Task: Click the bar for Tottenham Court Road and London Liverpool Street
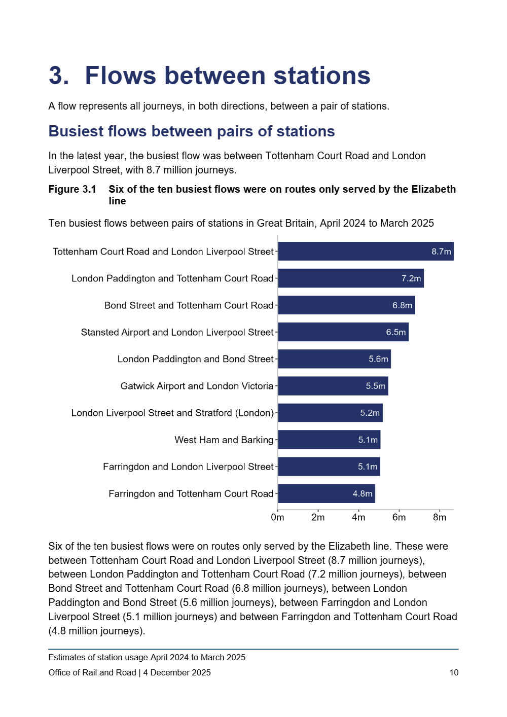pos(365,252)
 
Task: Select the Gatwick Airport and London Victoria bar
pos(333,386)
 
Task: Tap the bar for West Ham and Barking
pos(329,440)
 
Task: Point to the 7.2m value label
pos(411,278)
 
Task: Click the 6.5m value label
pos(396,332)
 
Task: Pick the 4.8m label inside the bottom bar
pos(363,493)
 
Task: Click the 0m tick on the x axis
pos(277,517)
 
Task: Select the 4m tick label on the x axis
pos(358,517)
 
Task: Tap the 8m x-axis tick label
pos(440,517)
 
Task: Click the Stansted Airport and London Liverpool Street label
pos(177,332)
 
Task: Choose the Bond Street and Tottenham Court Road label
pos(189,305)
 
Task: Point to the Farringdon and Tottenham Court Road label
pos(191,493)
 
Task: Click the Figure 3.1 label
pos(72,189)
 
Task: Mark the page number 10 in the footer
pos(454,672)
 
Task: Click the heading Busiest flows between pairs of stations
pos(192,131)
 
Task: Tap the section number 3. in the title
pos(59,76)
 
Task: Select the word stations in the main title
pos(322,76)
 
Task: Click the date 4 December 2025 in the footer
pos(177,672)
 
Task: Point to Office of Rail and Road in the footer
pos(92,672)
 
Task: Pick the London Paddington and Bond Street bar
pos(334,359)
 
